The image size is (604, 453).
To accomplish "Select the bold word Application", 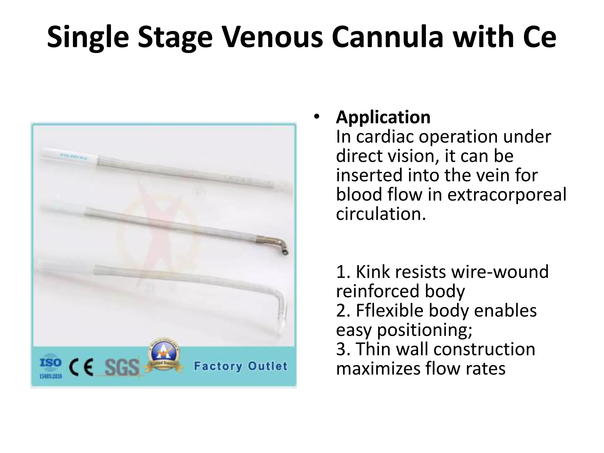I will (x=383, y=117).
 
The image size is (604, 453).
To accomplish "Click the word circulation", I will (x=381, y=214).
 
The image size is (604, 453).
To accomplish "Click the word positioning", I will (x=424, y=330).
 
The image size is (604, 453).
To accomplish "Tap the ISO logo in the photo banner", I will (x=51, y=365).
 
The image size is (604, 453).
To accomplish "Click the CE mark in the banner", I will (x=81, y=367).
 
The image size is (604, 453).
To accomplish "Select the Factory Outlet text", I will (x=240, y=366).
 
